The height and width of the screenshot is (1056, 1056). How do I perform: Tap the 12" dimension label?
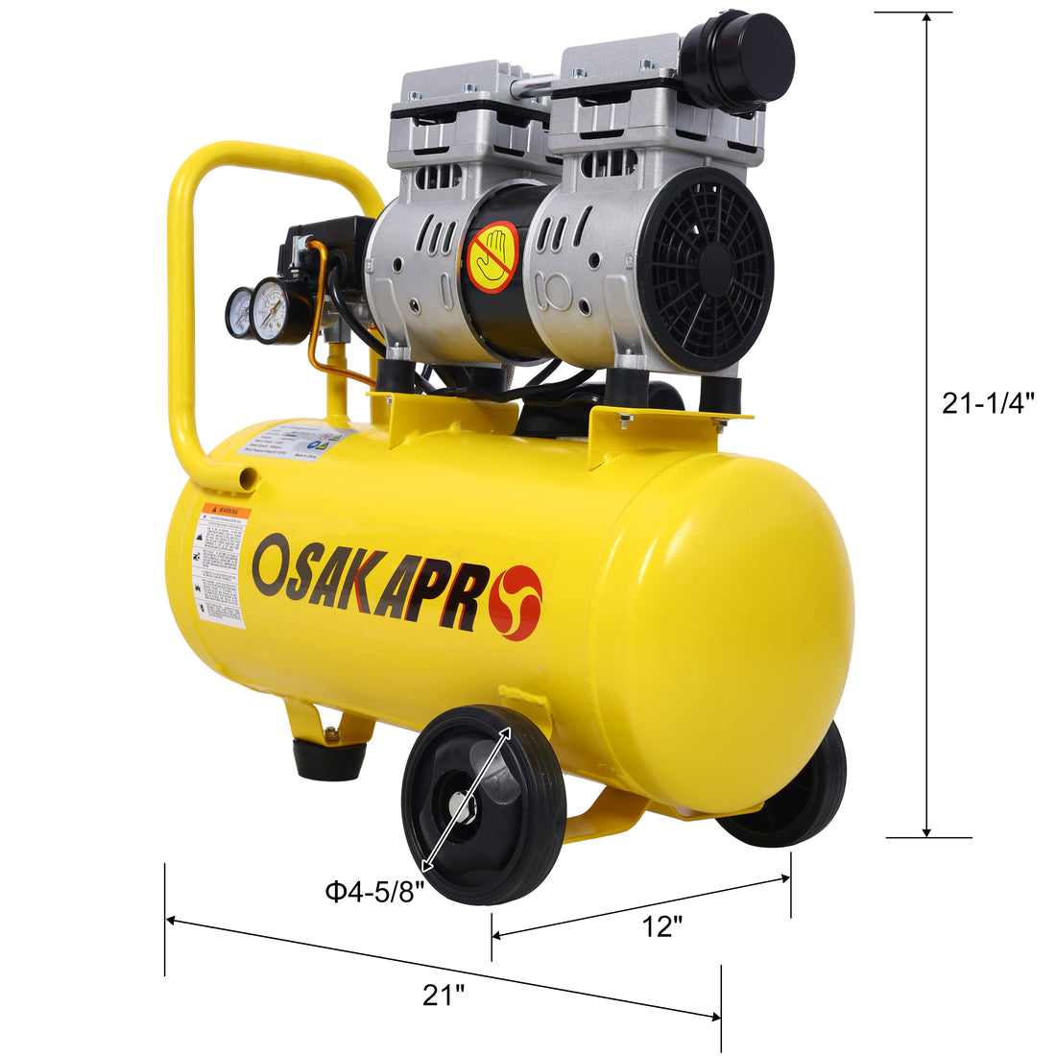click(662, 926)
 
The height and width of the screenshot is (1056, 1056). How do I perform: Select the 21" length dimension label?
click(443, 996)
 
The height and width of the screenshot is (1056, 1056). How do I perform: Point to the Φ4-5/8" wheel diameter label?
click(373, 893)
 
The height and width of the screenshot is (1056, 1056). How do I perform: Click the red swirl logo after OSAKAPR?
click(516, 603)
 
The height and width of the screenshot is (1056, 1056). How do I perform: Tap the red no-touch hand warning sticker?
click(492, 257)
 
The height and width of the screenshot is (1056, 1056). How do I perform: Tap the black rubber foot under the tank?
click(329, 758)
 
